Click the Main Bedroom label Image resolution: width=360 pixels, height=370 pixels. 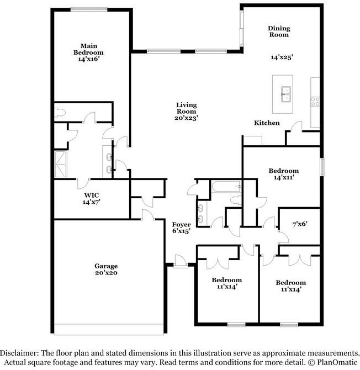coord(88,52)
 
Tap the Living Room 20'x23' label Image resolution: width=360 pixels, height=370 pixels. coord(186,111)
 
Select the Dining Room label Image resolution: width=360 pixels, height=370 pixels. coord(279,31)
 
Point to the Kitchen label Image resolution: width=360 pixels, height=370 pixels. coord(267,123)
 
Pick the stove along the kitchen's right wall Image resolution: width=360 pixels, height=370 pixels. coord(316,101)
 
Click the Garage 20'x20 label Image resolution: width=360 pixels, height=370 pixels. coord(106,269)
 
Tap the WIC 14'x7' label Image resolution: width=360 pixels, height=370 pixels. coord(91,199)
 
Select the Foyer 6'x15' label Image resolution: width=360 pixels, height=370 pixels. coord(181,228)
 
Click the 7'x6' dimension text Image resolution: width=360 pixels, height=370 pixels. coord(300,224)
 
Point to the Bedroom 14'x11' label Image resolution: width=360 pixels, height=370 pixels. coord(283,175)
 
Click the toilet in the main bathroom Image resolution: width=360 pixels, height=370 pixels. coord(61,113)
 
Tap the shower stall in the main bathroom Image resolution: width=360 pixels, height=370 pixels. coord(61,165)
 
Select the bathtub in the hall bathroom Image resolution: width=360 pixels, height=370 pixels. coord(225,188)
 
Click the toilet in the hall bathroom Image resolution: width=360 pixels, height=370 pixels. coord(236,200)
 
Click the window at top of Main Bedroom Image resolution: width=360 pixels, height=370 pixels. coord(89,9)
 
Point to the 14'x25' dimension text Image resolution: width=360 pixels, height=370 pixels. coord(282,57)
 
